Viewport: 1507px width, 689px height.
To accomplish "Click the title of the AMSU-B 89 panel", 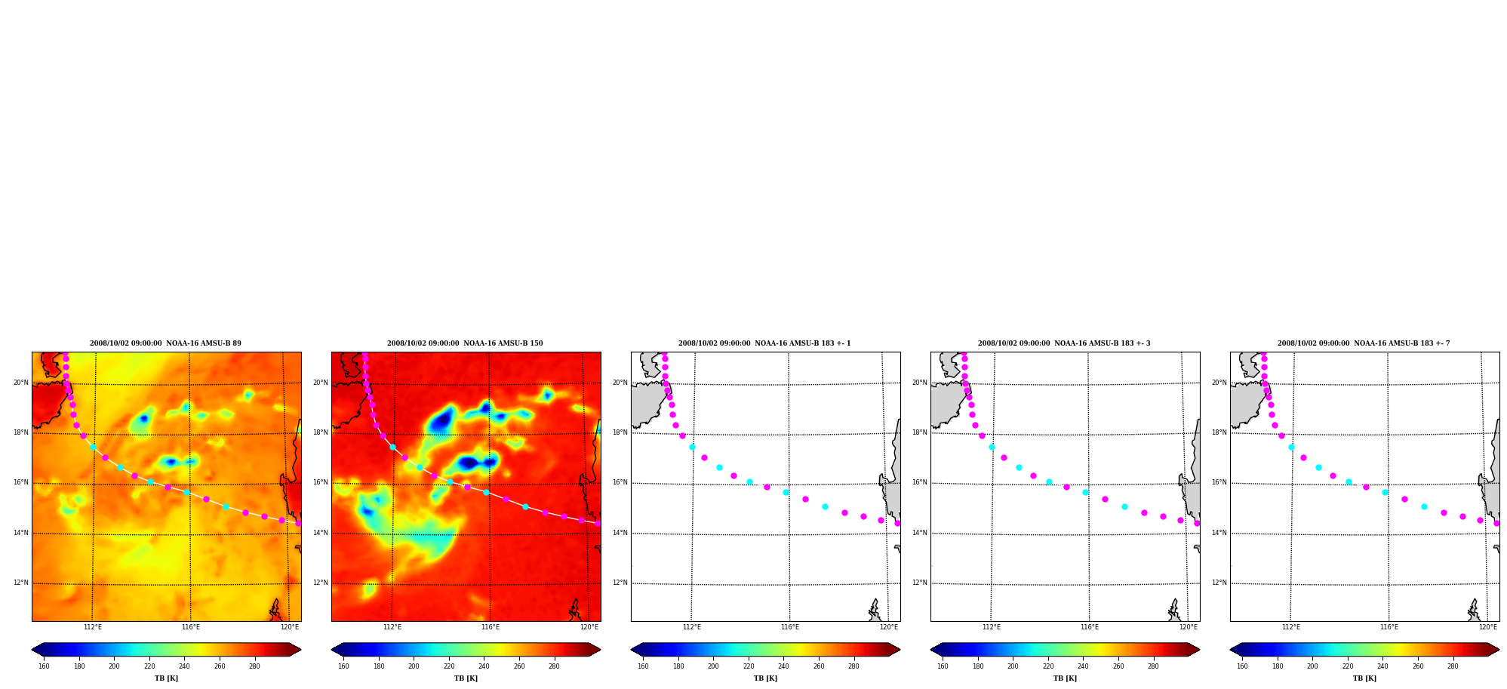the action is pyautogui.click(x=165, y=343).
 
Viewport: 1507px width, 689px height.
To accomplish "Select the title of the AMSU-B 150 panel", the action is pyautogui.click(x=465, y=343).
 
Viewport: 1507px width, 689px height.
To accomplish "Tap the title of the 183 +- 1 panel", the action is pyautogui.click(x=764, y=343).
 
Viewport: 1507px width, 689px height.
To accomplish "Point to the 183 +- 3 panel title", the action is pyautogui.click(x=1064, y=343).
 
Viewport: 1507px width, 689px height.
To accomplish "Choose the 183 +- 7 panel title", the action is pyautogui.click(x=1364, y=343).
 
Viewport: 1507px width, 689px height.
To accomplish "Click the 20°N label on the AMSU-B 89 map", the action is pyautogui.click(x=21, y=383).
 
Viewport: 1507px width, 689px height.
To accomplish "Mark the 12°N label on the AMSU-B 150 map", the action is pyautogui.click(x=321, y=583).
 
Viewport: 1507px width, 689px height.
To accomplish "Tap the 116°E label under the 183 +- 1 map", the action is pyautogui.click(x=790, y=627).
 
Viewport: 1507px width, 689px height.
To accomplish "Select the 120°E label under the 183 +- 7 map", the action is pyautogui.click(x=1488, y=627).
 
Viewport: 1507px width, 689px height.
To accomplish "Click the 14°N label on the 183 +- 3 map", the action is pyautogui.click(x=920, y=533).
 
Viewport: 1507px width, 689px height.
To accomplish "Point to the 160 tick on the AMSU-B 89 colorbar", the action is pyautogui.click(x=44, y=666).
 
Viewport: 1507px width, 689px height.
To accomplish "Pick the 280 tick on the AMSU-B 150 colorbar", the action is pyautogui.click(x=554, y=666).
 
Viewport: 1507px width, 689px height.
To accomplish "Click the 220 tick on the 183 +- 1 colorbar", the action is pyautogui.click(x=749, y=666).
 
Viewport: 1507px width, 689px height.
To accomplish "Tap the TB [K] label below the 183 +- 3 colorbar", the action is pyautogui.click(x=1065, y=678).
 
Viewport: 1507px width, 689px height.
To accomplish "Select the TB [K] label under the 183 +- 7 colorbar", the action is pyautogui.click(x=1364, y=678).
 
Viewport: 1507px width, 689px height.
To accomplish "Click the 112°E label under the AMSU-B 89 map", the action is pyautogui.click(x=93, y=627).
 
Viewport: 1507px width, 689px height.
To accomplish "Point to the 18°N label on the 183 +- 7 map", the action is pyautogui.click(x=1219, y=432).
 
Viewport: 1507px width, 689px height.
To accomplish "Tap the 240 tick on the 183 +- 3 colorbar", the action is pyautogui.click(x=1083, y=666).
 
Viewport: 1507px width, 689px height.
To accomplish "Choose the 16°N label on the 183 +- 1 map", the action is pyautogui.click(x=620, y=482).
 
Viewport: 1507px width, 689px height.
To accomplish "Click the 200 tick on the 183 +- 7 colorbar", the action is pyautogui.click(x=1312, y=666).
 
